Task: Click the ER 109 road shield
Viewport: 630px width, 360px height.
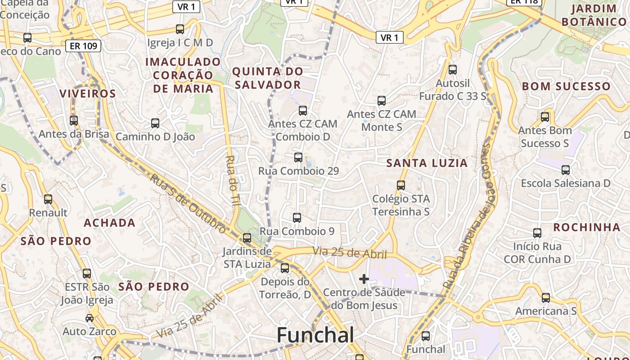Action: tap(83, 45)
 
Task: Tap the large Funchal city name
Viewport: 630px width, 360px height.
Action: tap(315, 335)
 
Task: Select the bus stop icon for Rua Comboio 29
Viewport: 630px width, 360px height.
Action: tap(298, 157)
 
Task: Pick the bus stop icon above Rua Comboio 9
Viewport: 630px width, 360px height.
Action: tap(297, 218)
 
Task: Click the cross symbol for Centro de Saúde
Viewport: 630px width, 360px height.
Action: tap(364, 279)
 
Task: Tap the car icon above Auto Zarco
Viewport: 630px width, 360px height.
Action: tap(90, 318)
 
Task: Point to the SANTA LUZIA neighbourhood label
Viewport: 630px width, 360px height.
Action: tap(427, 163)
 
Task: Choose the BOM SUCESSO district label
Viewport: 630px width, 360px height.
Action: tap(566, 86)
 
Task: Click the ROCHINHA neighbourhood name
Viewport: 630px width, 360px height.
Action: tap(587, 227)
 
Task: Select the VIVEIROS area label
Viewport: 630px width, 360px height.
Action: tap(88, 94)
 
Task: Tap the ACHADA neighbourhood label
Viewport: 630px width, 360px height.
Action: tap(109, 223)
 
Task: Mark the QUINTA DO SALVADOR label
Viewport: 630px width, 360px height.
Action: tap(268, 78)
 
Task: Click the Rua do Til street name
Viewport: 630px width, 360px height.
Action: tap(232, 180)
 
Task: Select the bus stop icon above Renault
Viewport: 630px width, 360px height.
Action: tap(48, 199)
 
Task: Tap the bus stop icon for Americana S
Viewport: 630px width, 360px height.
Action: tap(546, 298)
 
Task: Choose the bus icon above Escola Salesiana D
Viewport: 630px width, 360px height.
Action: tap(566, 170)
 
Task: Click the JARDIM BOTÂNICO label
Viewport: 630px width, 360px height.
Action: tap(594, 15)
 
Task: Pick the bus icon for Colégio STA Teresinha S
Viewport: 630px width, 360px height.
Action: tap(401, 185)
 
